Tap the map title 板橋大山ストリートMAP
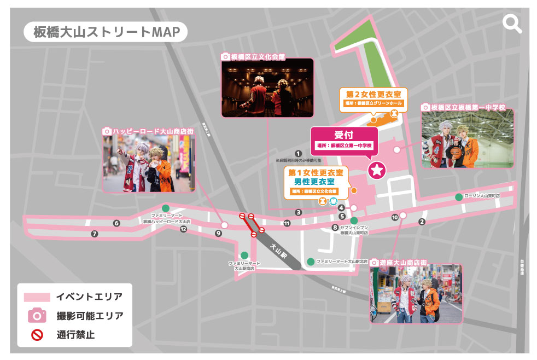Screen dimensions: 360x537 pos(106,32)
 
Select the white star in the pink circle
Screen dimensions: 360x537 pos(377,171)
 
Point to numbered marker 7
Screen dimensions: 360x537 pos(95,234)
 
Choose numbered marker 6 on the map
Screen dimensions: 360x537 pos(116,223)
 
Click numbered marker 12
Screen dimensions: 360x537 pos(184,229)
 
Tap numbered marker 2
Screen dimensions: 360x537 pos(422,222)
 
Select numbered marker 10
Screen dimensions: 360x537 pos(395,217)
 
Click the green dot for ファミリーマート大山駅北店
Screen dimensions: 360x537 pos(311,262)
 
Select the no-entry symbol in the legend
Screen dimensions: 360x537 pos(37,334)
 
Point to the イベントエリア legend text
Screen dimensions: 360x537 pos(89,297)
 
